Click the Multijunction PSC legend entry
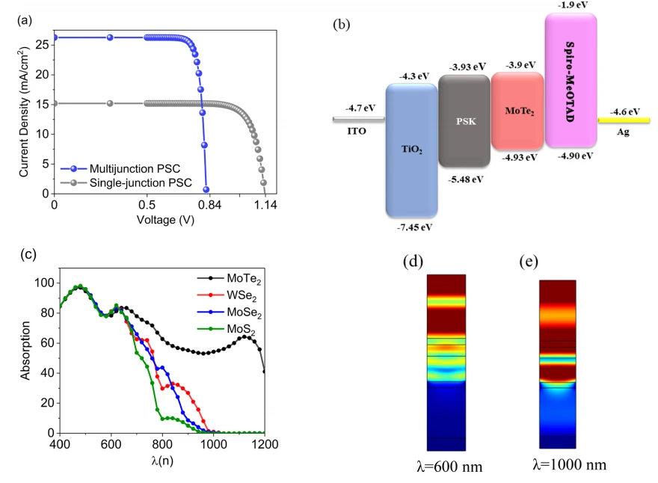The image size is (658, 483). click(x=120, y=169)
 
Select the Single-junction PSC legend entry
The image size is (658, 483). click(x=126, y=183)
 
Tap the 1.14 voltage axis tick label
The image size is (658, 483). click(x=265, y=205)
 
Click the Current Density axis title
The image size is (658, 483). click(x=24, y=111)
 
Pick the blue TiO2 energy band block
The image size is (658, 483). click(x=412, y=150)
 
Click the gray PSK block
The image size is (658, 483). click(x=464, y=121)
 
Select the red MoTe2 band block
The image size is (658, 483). click(x=518, y=111)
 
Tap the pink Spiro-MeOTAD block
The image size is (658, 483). click(x=571, y=80)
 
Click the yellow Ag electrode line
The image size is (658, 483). click(x=624, y=120)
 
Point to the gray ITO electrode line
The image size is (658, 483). click(x=359, y=119)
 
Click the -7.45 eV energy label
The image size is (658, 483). click(x=414, y=227)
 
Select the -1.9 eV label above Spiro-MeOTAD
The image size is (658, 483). click(x=573, y=5)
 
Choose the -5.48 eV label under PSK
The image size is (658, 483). click(x=465, y=179)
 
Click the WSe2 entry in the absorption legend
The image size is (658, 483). click(x=227, y=295)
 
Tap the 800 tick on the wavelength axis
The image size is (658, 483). click(x=162, y=444)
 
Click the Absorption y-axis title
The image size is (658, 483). click(x=25, y=351)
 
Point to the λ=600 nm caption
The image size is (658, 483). click(x=449, y=467)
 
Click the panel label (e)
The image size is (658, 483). click(x=529, y=262)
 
